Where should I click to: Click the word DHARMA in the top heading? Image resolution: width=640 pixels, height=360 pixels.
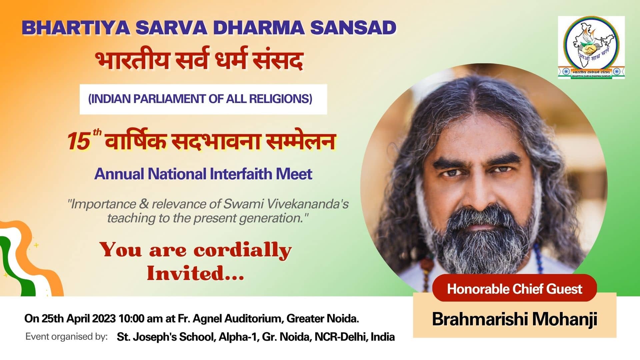[259, 28]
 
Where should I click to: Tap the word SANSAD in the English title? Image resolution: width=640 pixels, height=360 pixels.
[353, 28]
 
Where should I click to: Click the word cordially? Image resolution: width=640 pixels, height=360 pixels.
[243, 250]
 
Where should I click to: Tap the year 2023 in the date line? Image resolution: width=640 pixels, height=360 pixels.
[104, 319]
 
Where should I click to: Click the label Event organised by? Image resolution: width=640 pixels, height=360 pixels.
[67, 337]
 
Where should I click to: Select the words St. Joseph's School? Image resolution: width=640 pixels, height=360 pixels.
[165, 337]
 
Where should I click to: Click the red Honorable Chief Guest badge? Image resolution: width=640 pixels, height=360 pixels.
[514, 288]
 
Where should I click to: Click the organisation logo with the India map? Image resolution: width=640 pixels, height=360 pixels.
[591, 47]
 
